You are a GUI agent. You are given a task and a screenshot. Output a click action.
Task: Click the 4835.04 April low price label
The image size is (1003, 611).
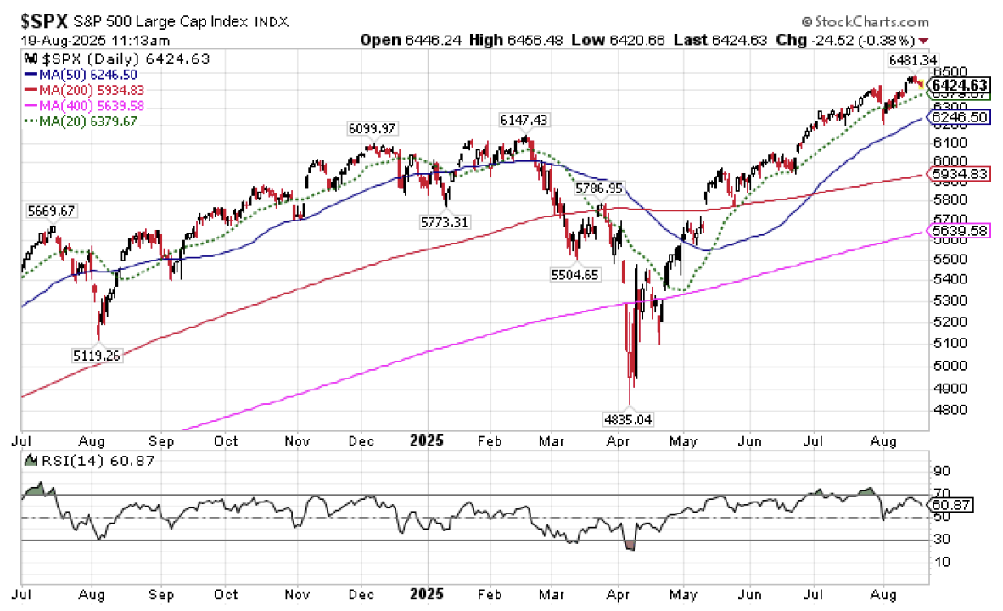pyautogui.click(x=629, y=418)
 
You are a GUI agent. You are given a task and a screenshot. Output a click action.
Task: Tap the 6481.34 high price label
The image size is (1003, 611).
pyautogui.click(x=911, y=60)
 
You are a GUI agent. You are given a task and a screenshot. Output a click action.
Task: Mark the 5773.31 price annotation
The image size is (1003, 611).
pyautogui.click(x=445, y=221)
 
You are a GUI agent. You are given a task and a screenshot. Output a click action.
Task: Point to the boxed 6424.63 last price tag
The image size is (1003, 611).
pyautogui.click(x=959, y=85)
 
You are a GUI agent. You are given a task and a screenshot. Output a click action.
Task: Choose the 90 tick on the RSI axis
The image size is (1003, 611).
pyautogui.click(x=940, y=470)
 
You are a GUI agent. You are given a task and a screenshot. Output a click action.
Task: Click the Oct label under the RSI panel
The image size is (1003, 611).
pyautogui.click(x=227, y=594)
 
